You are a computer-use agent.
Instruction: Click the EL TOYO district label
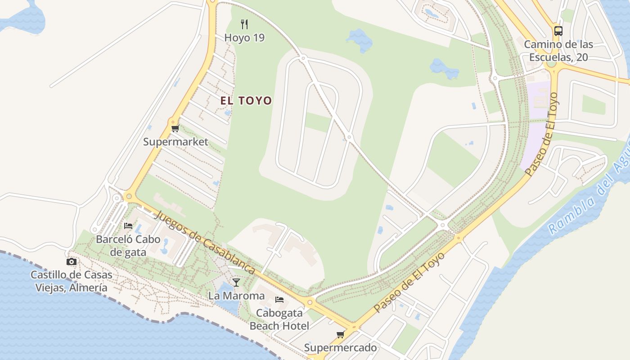[x=246, y=100]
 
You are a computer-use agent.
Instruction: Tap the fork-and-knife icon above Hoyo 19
[x=244, y=24]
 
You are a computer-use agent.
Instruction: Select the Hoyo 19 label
[x=244, y=38]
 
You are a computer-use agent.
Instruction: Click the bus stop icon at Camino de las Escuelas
[x=558, y=31]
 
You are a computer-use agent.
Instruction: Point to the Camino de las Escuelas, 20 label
[x=558, y=51]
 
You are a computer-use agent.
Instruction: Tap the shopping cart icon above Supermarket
[x=175, y=129]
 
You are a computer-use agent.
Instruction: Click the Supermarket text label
[x=175, y=142]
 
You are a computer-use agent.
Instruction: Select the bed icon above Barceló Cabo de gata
[x=128, y=225]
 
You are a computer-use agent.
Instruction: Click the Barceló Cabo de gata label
[x=128, y=246]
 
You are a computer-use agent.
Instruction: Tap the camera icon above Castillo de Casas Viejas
[x=71, y=261]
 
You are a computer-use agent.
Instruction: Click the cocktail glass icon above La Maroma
[x=236, y=282]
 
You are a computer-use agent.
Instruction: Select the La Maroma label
[x=236, y=296]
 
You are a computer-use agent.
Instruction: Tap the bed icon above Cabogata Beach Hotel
[x=279, y=299]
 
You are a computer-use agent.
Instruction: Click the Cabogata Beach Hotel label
[x=279, y=319]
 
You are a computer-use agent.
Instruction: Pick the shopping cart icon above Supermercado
[x=340, y=334]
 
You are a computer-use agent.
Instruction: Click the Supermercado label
[x=340, y=348]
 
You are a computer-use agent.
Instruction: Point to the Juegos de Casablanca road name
[x=205, y=243]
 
